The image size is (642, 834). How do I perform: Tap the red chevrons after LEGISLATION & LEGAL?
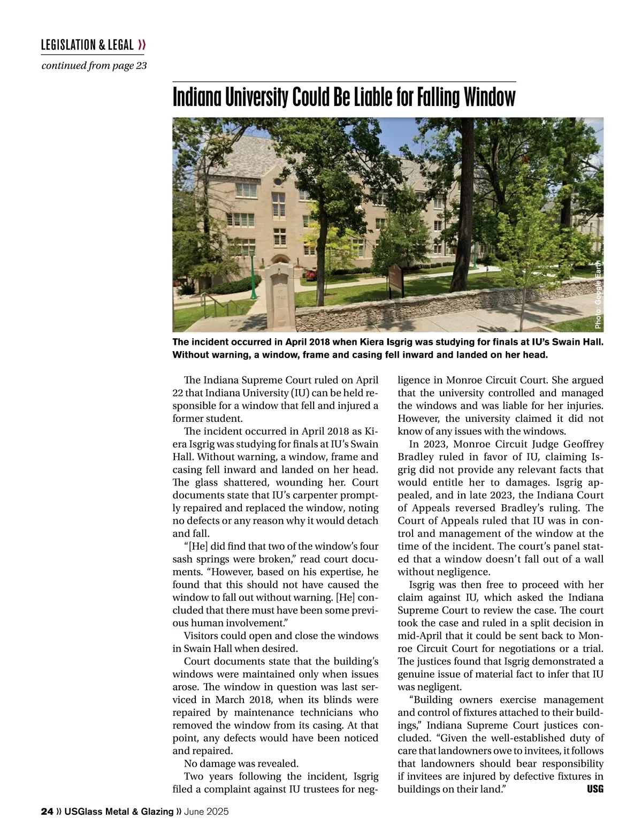(x=142, y=45)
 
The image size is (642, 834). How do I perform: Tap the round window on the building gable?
(x=278, y=181)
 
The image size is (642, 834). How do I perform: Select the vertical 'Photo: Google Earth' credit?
(x=598, y=294)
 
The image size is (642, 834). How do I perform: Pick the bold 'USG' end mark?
(x=595, y=789)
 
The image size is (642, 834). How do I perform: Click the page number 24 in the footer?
(x=47, y=812)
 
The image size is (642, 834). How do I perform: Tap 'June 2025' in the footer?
(x=206, y=812)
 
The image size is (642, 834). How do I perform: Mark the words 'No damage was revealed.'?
(x=241, y=763)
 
